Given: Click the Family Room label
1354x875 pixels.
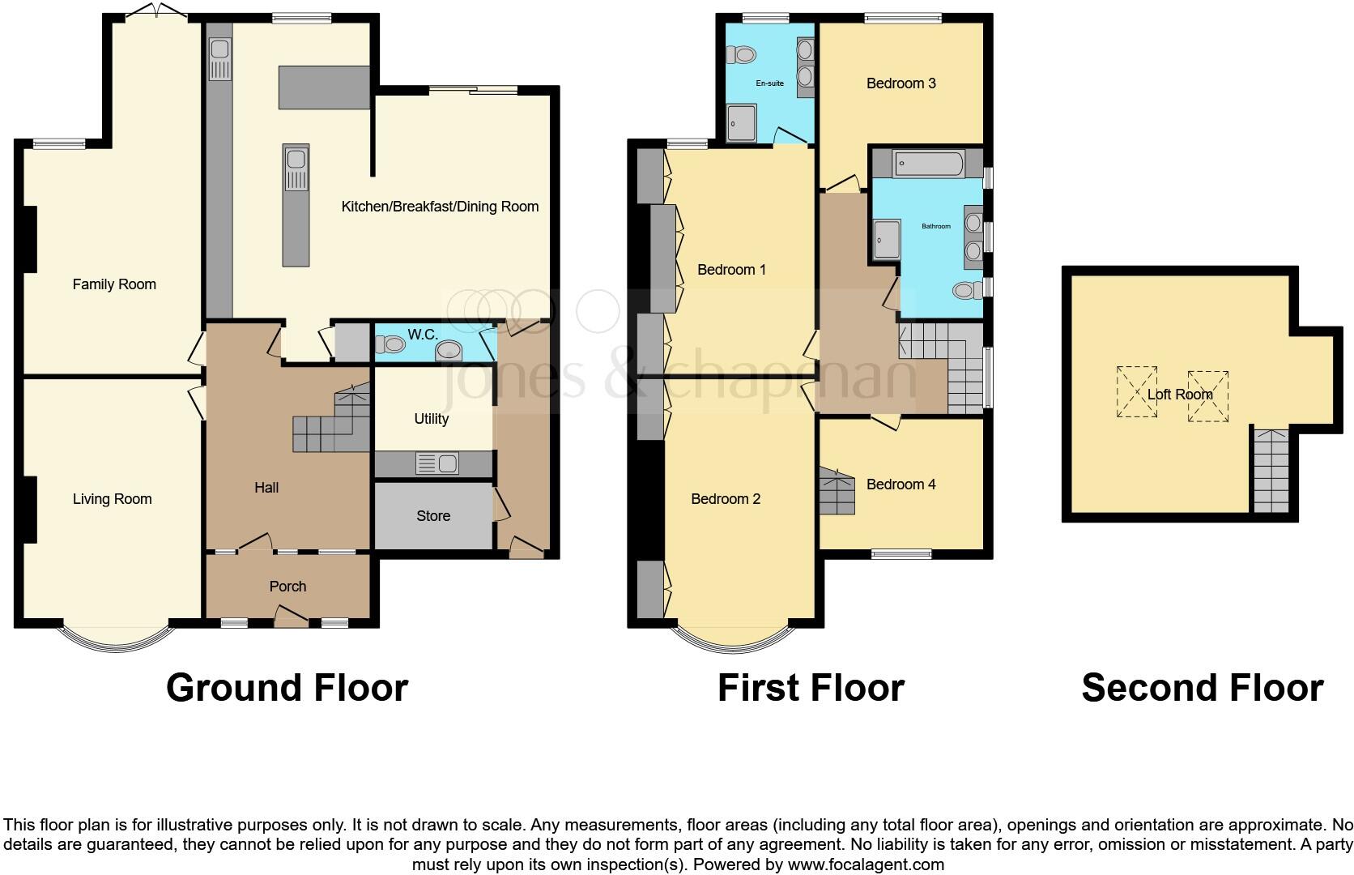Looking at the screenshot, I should tap(114, 284).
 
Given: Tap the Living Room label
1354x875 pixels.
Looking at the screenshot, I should tap(112, 499).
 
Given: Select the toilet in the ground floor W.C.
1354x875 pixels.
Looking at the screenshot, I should tap(392, 344).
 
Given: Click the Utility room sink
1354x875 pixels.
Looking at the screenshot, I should tap(436, 463).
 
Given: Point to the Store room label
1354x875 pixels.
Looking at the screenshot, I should tap(433, 516).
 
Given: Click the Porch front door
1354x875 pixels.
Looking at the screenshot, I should tap(291, 619).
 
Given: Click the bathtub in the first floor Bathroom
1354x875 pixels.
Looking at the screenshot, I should tap(928, 164).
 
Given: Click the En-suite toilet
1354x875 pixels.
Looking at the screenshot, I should tap(741, 55).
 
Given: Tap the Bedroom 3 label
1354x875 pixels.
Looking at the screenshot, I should tap(901, 83).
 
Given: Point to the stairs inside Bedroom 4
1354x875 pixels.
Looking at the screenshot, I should tap(836, 491).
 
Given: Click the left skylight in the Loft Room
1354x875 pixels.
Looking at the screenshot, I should tap(1137, 392).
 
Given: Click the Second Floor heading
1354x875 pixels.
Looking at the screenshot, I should tap(1202, 688).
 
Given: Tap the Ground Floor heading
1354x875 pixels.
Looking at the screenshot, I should tap(287, 688).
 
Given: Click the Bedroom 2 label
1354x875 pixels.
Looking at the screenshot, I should tap(726, 499).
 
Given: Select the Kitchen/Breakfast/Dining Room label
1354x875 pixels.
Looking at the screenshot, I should tap(440, 207).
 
